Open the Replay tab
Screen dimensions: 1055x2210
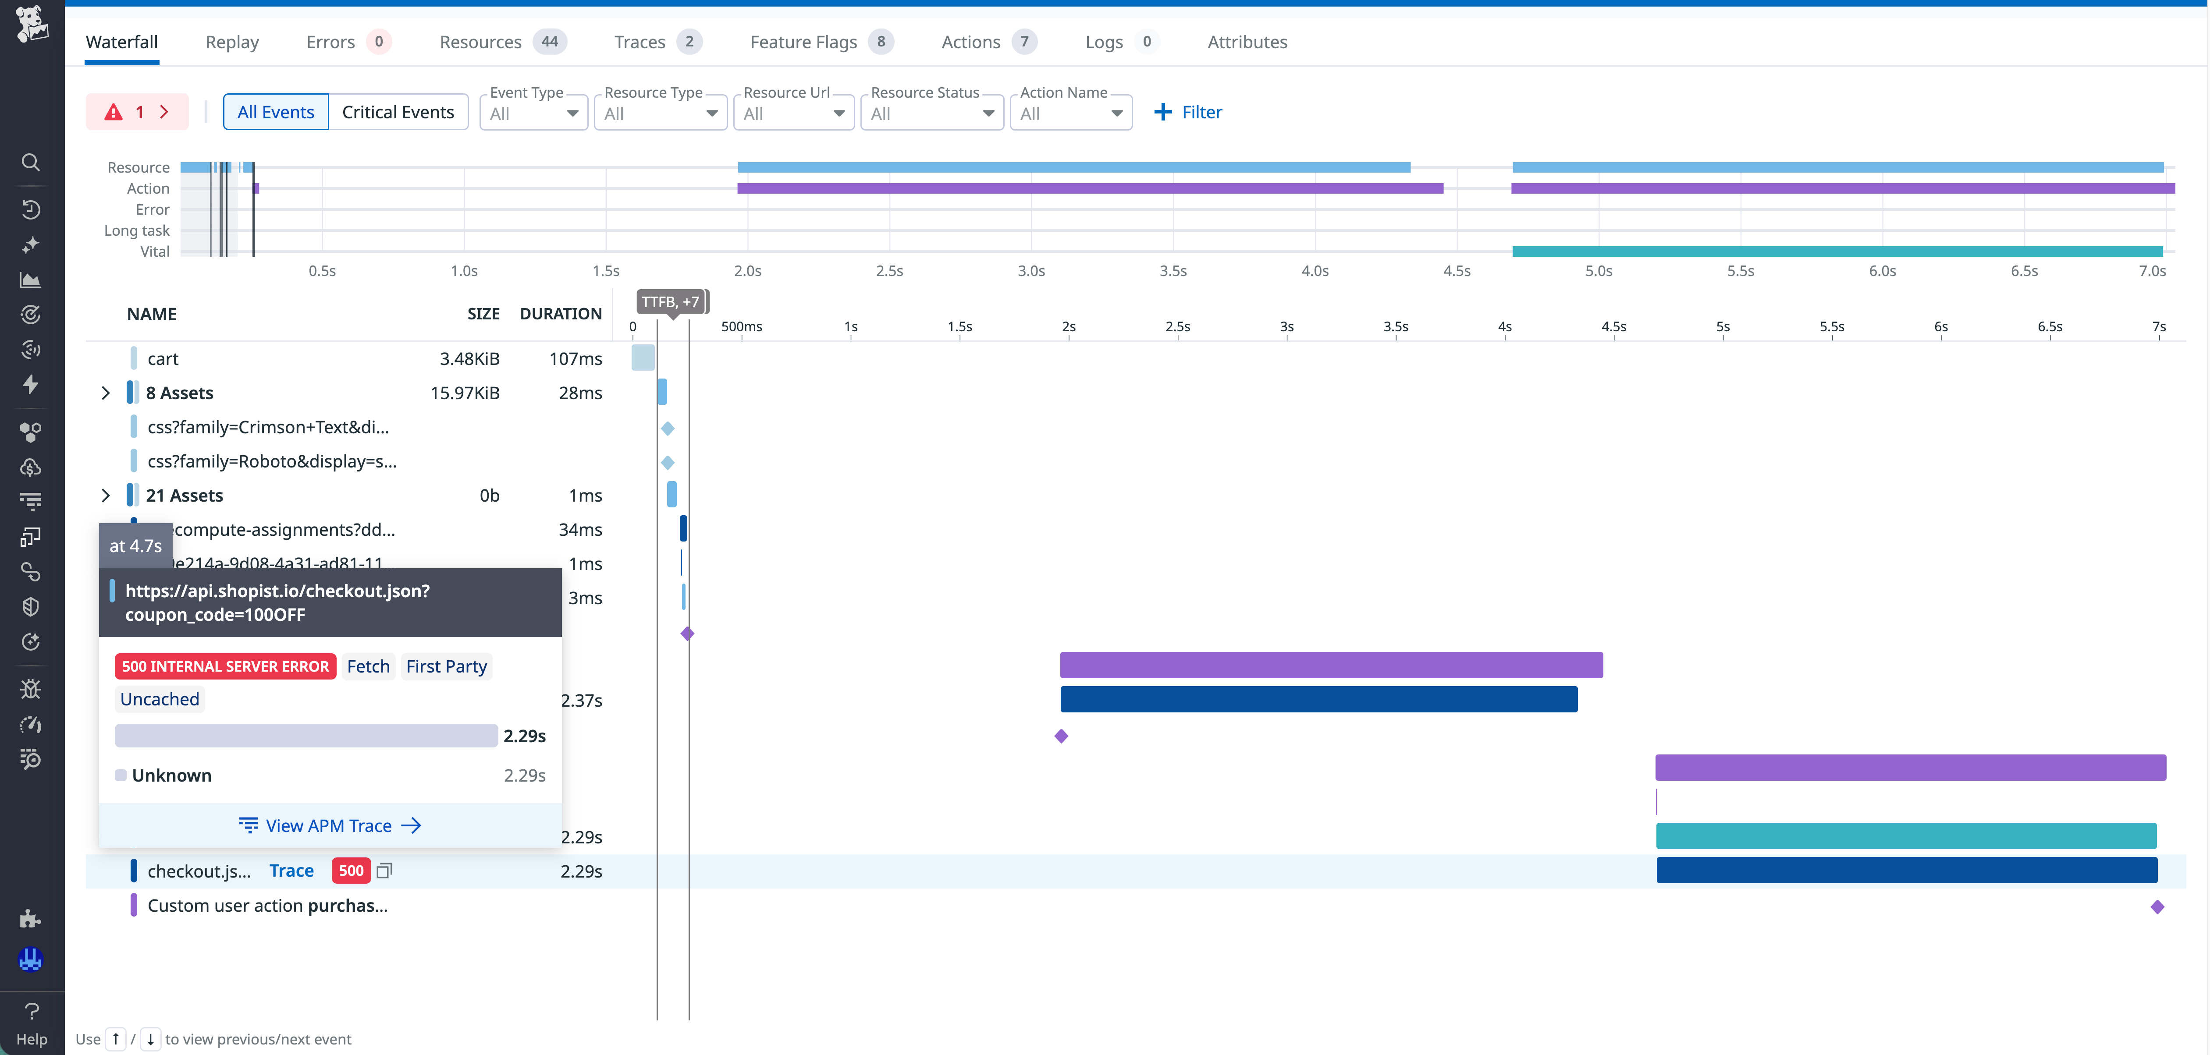[231, 42]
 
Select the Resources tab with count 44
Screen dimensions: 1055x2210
[502, 42]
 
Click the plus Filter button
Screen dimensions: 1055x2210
[1188, 112]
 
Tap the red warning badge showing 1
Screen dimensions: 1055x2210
[136, 112]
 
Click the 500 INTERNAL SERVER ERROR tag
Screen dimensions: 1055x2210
[225, 666]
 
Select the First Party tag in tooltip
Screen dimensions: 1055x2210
[446, 666]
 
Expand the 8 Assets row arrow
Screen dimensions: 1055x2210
[106, 393]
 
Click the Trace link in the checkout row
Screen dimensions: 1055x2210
[291, 871]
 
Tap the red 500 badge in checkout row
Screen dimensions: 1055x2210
[351, 871]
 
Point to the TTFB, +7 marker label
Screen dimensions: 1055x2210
[671, 302]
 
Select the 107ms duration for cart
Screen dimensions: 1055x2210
[575, 358]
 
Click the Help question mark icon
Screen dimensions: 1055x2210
[32, 1012]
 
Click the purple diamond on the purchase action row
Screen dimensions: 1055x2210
[2157, 906]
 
